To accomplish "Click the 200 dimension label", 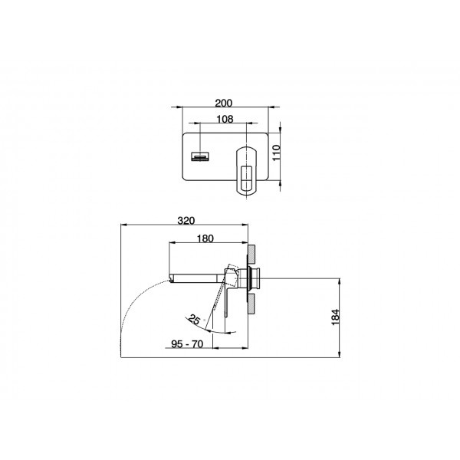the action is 224,103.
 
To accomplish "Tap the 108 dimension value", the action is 225,119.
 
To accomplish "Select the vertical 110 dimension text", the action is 277,153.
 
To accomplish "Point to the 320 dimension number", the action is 186,221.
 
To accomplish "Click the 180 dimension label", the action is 205,238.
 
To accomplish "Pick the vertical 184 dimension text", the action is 335,317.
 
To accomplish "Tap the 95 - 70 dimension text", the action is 187,343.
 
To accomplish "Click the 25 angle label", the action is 194,319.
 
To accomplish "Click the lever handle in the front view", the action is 247,170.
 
